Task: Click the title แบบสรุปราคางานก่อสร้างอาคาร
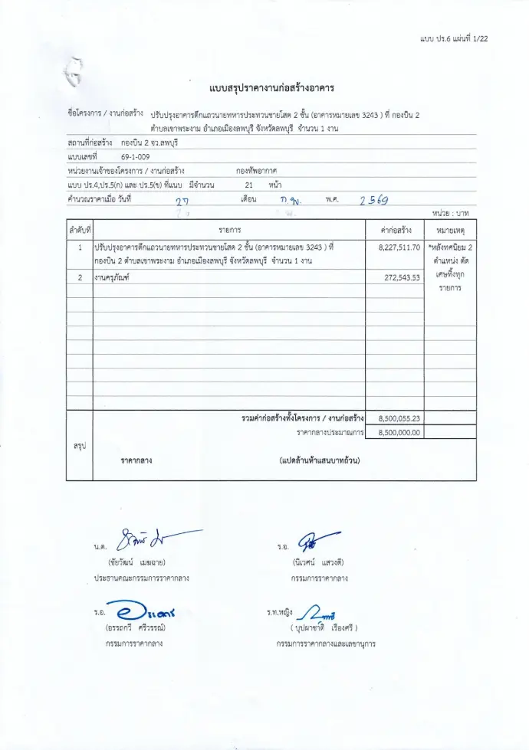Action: [271, 88]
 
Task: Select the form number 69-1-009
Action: [135, 156]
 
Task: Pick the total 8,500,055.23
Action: [399, 418]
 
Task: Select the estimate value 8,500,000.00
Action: [399, 432]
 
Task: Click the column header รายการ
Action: [229, 229]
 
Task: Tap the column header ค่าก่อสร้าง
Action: [395, 229]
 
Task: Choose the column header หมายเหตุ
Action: [450, 229]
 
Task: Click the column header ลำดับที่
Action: [80, 229]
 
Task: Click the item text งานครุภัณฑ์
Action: [112, 277]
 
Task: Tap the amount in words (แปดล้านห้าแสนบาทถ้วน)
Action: [320, 460]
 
